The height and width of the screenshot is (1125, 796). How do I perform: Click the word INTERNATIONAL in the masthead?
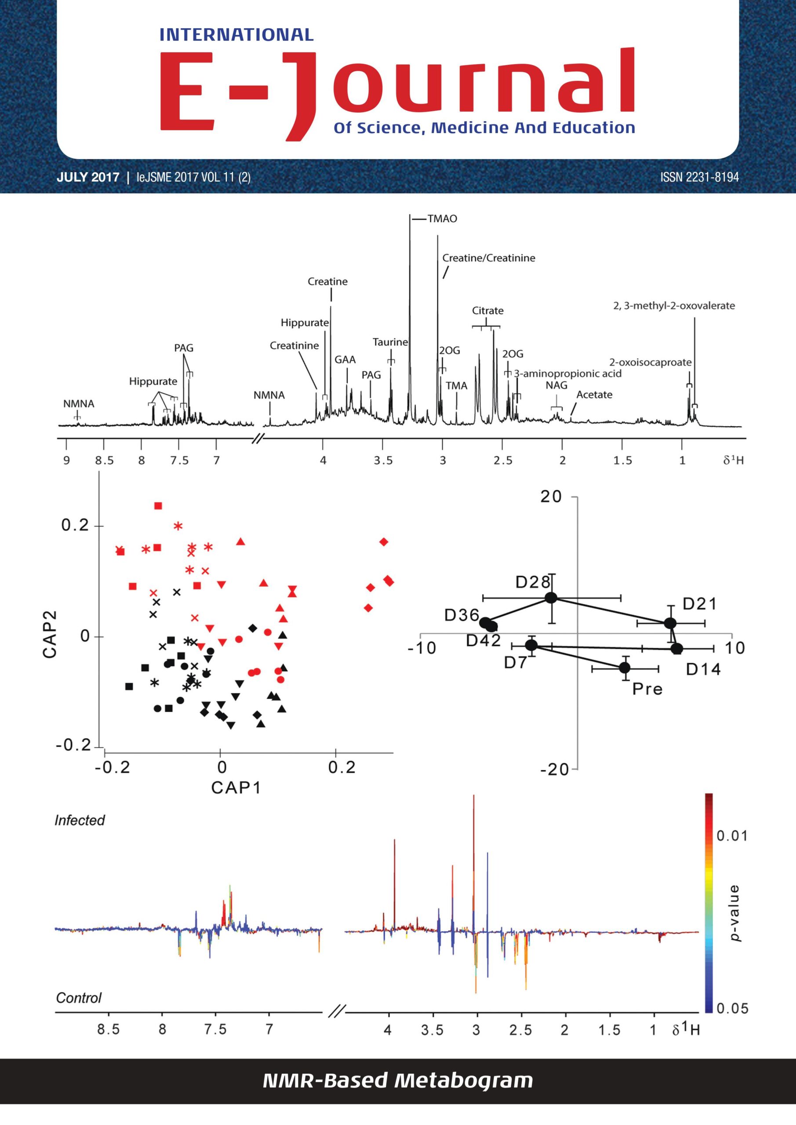pyautogui.click(x=237, y=35)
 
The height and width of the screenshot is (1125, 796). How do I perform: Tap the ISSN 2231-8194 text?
pyautogui.click(x=699, y=177)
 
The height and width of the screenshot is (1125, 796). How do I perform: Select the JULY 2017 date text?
pyautogui.click(x=88, y=177)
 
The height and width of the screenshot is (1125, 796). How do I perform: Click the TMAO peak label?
pyautogui.click(x=442, y=218)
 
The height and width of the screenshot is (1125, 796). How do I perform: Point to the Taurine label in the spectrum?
pyautogui.click(x=390, y=342)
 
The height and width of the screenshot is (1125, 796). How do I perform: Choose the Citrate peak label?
pyautogui.click(x=488, y=311)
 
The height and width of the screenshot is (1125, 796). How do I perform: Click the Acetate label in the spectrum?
pyautogui.click(x=594, y=395)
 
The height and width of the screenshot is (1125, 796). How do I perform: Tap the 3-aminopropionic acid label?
pyautogui.click(x=567, y=374)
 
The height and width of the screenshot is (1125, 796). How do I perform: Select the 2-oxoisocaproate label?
pyautogui.click(x=651, y=363)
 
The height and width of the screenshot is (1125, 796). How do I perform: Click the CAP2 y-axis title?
pyautogui.click(x=50, y=634)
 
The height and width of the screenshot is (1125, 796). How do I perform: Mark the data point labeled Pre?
pyautogui.click(x=625, y=668)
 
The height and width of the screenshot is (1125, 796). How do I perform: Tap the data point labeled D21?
pyautogui.click(x=670, y=623)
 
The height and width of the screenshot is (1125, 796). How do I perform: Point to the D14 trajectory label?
pyautogui.click(x=703, y=669)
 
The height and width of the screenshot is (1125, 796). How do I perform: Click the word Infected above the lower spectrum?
pyautogui.click(x=80, y=820)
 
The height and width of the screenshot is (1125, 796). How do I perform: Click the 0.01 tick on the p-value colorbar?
pyautogui.click(x=732, y=835)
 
